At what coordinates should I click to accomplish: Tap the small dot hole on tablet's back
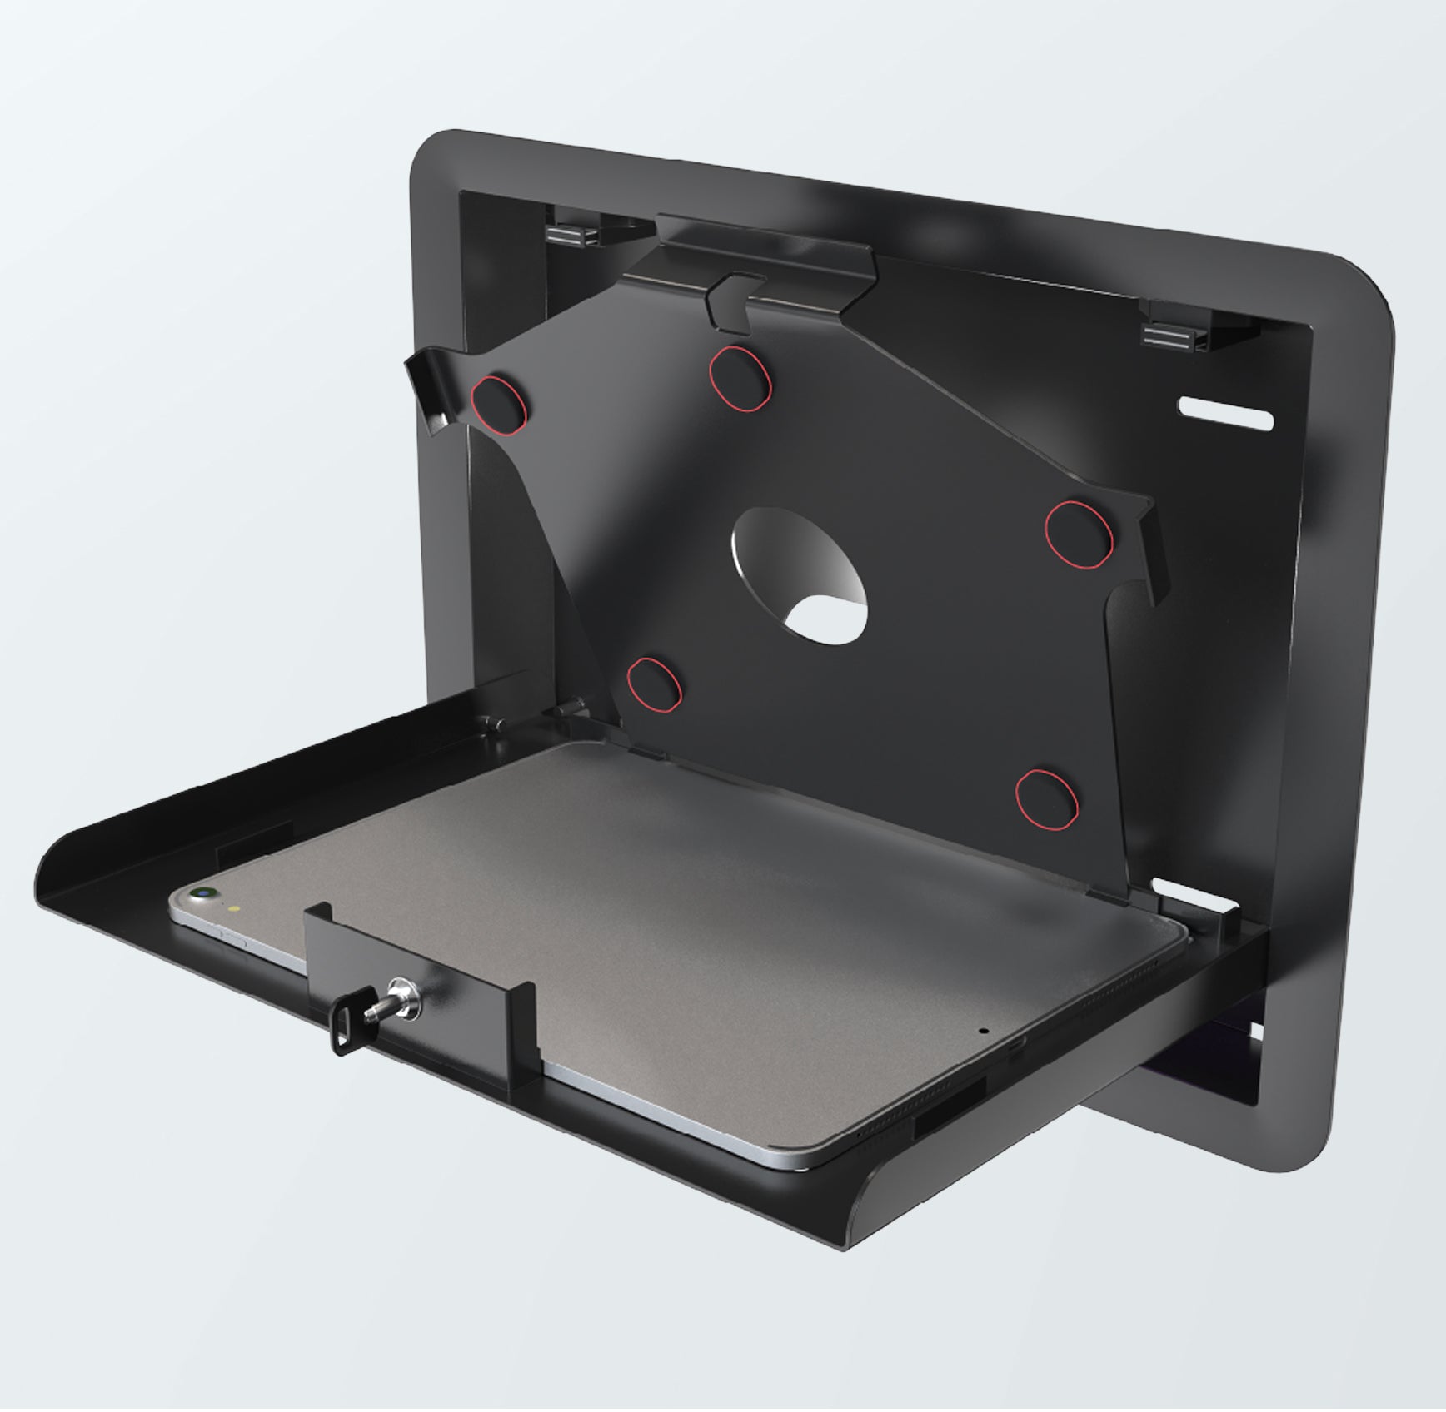[985, 1030]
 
